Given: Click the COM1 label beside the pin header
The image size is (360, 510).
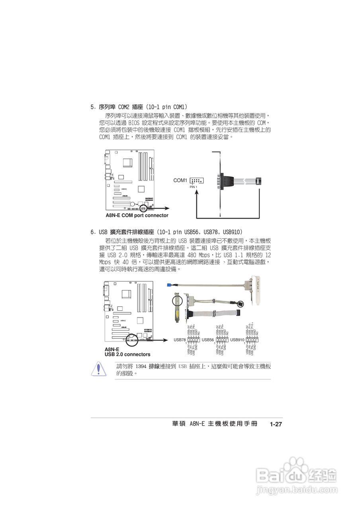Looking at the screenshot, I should (180, 180).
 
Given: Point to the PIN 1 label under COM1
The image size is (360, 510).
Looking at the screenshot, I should (194, 187).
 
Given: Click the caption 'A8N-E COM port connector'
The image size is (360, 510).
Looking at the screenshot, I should (137, 216).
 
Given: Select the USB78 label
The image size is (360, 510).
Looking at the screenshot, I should (180, 340).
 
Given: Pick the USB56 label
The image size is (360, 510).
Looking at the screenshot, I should (208, 340).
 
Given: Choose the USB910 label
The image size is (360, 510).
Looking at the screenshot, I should (237, 340).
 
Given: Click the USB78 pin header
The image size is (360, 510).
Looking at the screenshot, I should (193, 340).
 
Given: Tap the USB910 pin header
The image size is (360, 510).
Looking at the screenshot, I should (252, 340).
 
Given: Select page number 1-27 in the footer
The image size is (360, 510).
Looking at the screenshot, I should (276, 425).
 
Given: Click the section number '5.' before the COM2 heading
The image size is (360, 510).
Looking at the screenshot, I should (92, 107).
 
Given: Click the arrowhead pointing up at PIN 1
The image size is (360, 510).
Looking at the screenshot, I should (197, 192).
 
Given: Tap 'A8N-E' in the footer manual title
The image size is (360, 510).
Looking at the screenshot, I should (197, 424).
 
